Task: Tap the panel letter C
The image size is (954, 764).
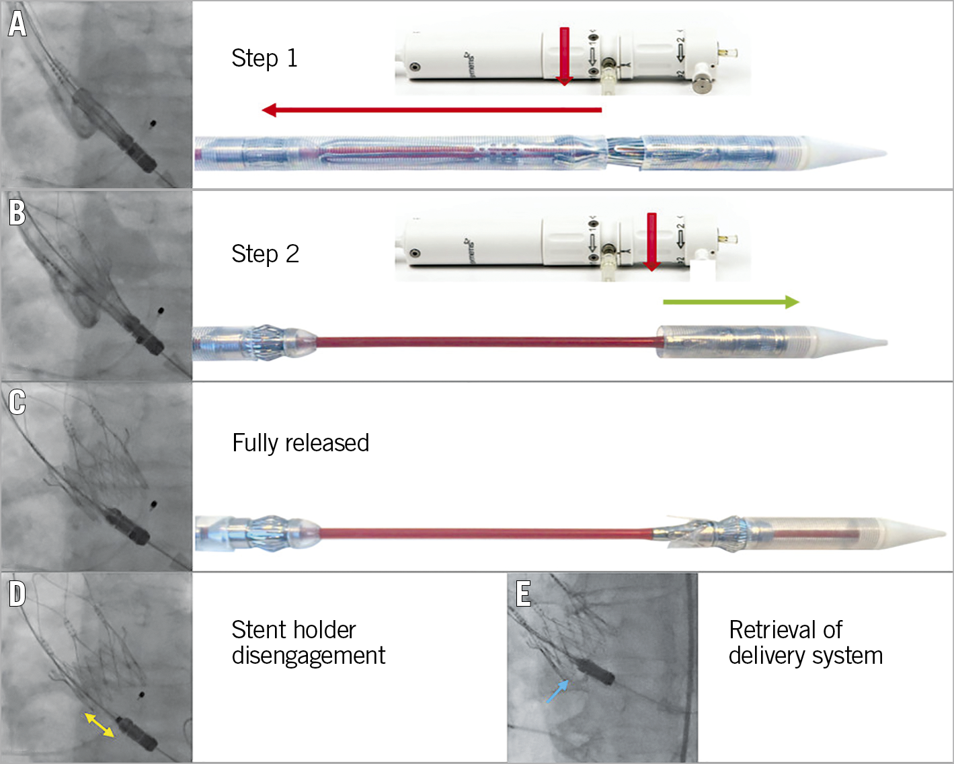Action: pos(17,402)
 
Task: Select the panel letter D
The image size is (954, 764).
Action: pos(17,594)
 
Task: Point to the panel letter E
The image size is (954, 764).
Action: pos(524,594)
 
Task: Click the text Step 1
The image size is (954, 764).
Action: pos(264,59)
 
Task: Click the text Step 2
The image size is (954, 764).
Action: pos(265,254)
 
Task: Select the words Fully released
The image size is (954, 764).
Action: pos(301,443)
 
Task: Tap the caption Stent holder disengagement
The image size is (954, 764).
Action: pos(308,642)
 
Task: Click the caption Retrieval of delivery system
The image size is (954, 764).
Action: pos(805,642)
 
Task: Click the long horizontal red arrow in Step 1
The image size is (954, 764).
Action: pos(431,110)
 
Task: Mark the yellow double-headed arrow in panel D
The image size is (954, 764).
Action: pos(99,725)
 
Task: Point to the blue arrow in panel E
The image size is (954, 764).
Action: pos(557,691)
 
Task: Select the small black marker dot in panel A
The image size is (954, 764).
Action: pos(153,124)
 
